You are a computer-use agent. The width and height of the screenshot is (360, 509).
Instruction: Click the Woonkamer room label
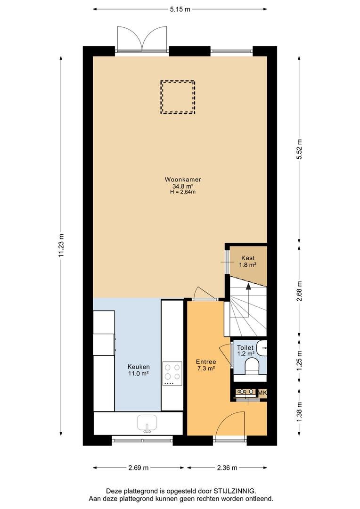pos(183,179)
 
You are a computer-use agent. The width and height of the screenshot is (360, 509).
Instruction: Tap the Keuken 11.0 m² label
pos(138,370)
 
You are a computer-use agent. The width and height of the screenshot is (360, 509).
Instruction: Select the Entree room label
pos(206,362)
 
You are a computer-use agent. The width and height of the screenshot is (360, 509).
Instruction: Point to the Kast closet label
pos(248,258)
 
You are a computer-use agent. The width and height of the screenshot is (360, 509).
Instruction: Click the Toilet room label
pos(245,348)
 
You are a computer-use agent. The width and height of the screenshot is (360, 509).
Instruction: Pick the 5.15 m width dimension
pos(180,9)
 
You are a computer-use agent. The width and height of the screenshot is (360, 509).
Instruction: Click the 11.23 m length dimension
pos(61,246)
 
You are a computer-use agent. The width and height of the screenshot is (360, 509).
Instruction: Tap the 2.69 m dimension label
pos(138,468)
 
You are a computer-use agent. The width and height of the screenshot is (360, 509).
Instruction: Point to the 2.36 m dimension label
pos(227,468)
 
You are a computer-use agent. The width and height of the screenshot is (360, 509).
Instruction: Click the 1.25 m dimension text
pos(299,361)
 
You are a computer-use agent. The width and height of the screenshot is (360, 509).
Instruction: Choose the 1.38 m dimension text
pos(299,412)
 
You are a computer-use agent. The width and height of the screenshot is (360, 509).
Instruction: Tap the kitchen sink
pos(147,423)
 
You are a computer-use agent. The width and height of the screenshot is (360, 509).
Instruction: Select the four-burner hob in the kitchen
pos(172,374)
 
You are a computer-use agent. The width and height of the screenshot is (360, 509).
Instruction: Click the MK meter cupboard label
pos(262,393)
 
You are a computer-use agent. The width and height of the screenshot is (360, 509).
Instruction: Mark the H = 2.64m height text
pos(183,192)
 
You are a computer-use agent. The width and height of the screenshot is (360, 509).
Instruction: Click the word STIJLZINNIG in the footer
pos(235,491)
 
